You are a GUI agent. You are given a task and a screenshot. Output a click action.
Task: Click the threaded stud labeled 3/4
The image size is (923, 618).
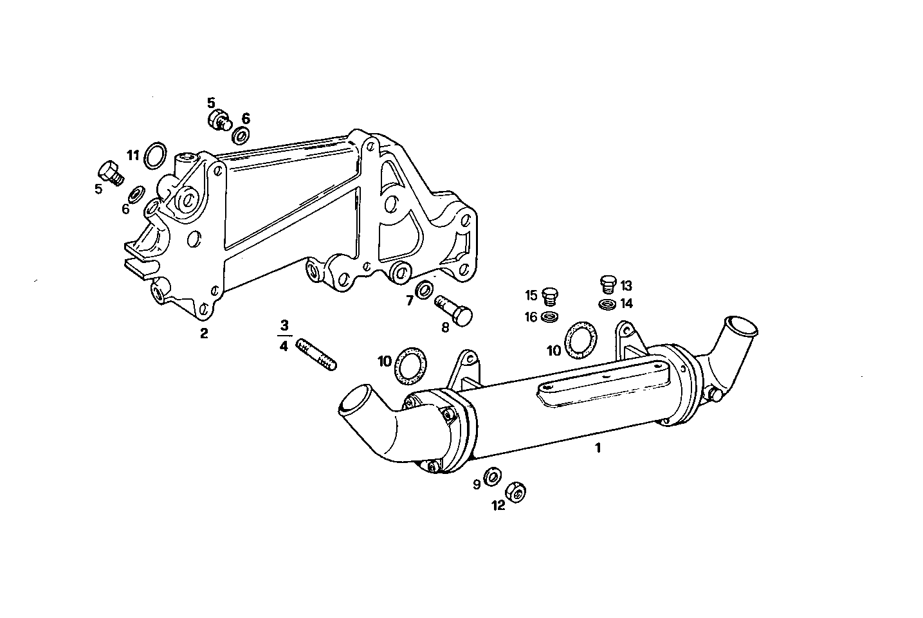tap(316, 356)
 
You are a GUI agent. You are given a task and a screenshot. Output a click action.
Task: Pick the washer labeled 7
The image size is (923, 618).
tap(424, 291)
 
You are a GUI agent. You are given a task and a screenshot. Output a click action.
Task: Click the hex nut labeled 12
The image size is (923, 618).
tap(516, 492)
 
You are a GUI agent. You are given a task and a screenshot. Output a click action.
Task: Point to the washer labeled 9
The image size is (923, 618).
tap(493, 477)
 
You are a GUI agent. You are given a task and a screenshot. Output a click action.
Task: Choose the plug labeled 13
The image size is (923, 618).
tap(607, 282)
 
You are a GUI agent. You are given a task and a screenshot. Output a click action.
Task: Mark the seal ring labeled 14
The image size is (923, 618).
tap(607, 304)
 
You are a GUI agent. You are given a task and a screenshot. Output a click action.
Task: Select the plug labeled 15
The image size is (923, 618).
tap(549, 296)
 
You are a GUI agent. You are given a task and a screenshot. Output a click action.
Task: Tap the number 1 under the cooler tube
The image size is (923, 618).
tap(598, 448)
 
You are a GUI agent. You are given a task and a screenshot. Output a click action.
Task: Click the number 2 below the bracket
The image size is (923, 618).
tap(204, 333)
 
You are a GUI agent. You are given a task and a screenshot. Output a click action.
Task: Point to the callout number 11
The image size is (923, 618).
tap(133, 155)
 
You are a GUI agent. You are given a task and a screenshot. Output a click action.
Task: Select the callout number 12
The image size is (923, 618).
tap(498, 506)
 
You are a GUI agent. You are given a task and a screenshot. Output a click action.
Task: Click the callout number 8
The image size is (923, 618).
tap(445, 327)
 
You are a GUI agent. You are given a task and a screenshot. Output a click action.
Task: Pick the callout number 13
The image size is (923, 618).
tap(626, 286)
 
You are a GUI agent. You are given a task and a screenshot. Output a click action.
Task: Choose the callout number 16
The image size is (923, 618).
tap(531, 316)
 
